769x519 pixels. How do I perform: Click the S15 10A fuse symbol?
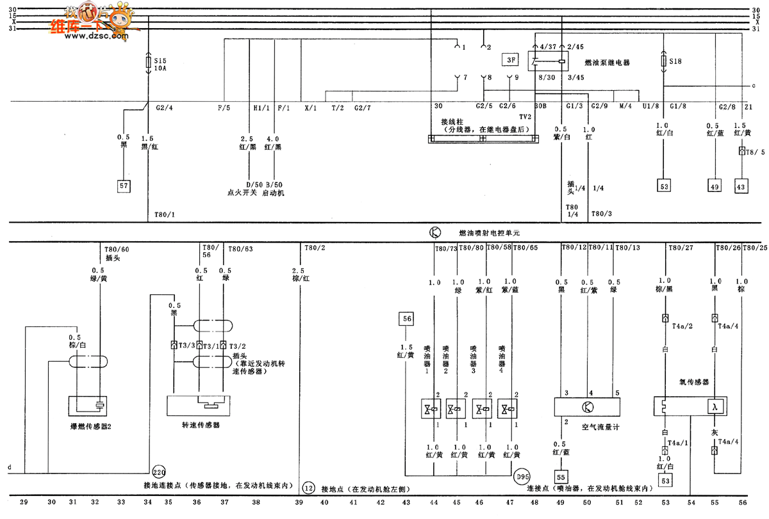[x=149, y=62]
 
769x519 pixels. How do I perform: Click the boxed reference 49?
[x=715, y=186]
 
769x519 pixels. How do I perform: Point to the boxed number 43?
[x=741, y=186]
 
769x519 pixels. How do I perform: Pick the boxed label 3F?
[x=510, y=61]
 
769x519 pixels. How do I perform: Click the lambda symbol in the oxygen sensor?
[x=714, y=406]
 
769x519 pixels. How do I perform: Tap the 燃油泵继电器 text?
[x=606, y=63]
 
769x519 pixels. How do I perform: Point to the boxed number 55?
[x=560, y=477]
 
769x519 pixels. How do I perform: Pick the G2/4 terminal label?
[x=165, y=107]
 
